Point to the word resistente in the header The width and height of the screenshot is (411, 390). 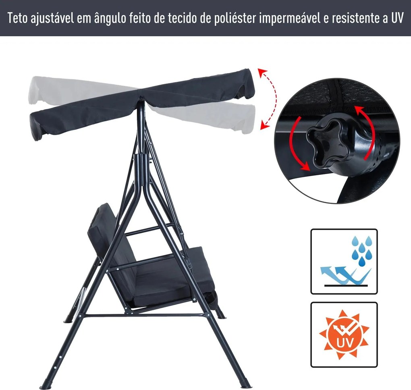point(355,19)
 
